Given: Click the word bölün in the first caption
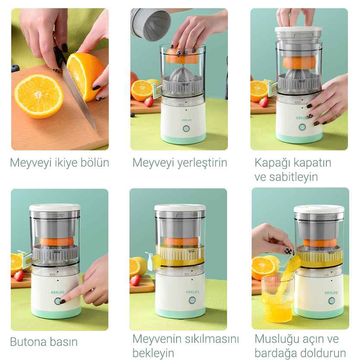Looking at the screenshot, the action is point(95,162).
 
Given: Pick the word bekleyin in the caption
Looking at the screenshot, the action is point(153,353).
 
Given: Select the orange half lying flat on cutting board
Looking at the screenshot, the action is point(39,96).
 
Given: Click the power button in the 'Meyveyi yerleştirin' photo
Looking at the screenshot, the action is point(186,129).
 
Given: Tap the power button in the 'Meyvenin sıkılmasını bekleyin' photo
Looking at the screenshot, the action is point(192,300).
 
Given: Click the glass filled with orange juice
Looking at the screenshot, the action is point(278,298).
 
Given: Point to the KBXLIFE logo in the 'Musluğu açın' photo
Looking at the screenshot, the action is point(331,292).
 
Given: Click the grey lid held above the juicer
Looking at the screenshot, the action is point(151,24).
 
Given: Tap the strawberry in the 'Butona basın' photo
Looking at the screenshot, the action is point(19,276).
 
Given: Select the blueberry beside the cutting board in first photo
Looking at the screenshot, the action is point(15,68).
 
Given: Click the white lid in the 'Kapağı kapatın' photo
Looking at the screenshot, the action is point(299,29).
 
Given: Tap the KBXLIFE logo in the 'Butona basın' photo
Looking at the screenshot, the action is point(58,292).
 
